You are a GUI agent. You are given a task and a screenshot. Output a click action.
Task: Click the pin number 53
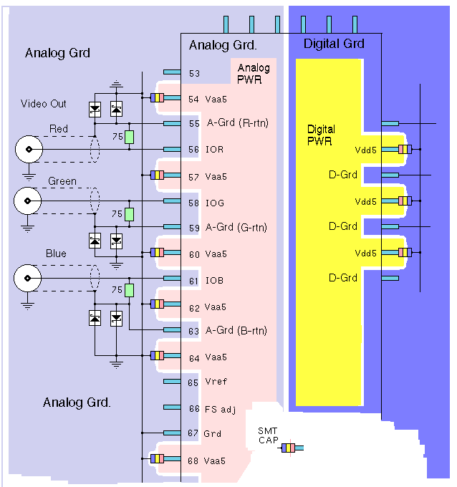[x=194, y=74]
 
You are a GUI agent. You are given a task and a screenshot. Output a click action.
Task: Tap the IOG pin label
[x=215, y=203]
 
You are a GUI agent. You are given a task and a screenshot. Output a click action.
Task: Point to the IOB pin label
[x=215, y=281]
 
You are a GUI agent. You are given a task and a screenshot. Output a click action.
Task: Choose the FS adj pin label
[x=220, y=408]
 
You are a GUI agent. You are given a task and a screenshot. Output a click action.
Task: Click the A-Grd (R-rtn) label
[x=238, y=123]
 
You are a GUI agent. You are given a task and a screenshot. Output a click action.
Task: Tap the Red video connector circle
[x=29, y=150]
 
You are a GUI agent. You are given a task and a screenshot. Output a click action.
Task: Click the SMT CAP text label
[x=268, y=435]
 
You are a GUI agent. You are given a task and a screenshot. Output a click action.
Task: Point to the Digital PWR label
[x=320, y=135]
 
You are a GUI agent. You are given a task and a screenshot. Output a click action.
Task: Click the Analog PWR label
[x=254, y=74]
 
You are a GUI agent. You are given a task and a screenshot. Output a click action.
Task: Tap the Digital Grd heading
[x=334, y=44]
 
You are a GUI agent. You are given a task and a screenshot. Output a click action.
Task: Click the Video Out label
[x=43, y=104]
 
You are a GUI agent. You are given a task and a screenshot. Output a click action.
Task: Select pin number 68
[x=194, y=461]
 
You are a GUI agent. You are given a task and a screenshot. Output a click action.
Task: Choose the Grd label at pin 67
[x=213, y=433]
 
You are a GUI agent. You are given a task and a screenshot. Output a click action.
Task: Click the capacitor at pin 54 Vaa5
[x=158, y=98]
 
